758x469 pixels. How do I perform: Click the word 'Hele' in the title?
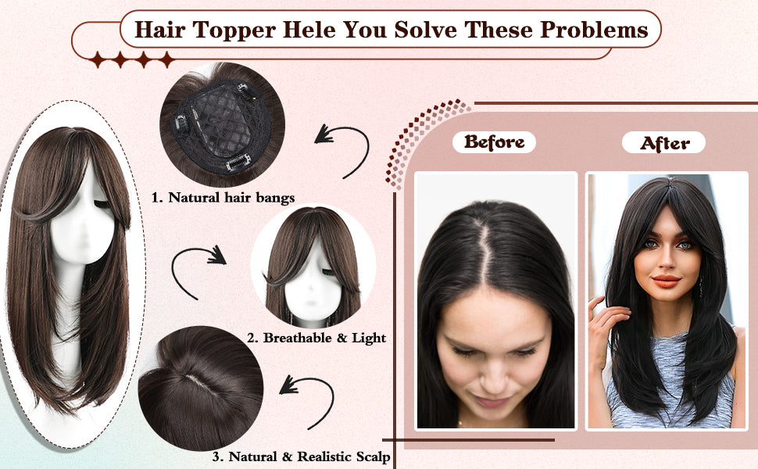pos(309,30)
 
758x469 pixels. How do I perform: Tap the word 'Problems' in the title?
pos(594,30)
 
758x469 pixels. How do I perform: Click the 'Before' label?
pos(494,142)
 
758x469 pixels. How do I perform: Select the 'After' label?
pos(664,143)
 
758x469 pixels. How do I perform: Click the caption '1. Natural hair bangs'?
pos(223,198)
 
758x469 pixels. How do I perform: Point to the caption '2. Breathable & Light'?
pos(316,338)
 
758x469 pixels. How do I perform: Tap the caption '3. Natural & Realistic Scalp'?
pos(301,456)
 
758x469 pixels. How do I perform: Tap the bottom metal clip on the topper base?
pos(238,163)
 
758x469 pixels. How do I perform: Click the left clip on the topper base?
pos(181,124)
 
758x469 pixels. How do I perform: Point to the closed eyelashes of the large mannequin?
pos(102,205)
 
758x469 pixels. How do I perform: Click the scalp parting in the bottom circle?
pos(201,382)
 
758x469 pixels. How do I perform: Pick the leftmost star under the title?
pos(98,59)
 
